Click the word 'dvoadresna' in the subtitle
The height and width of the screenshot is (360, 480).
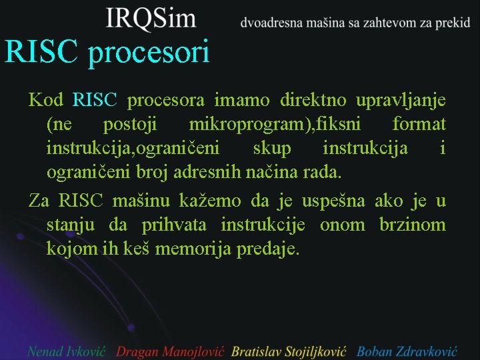[x=270, y=23]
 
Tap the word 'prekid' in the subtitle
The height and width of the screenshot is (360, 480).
[x=451, y=23]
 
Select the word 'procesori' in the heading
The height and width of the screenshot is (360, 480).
[x=149, y=53]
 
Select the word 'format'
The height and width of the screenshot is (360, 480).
[x=419, y=125]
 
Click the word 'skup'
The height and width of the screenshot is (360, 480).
[x=272, y=148]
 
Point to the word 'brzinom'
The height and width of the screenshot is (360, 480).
[x=413, y=225]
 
